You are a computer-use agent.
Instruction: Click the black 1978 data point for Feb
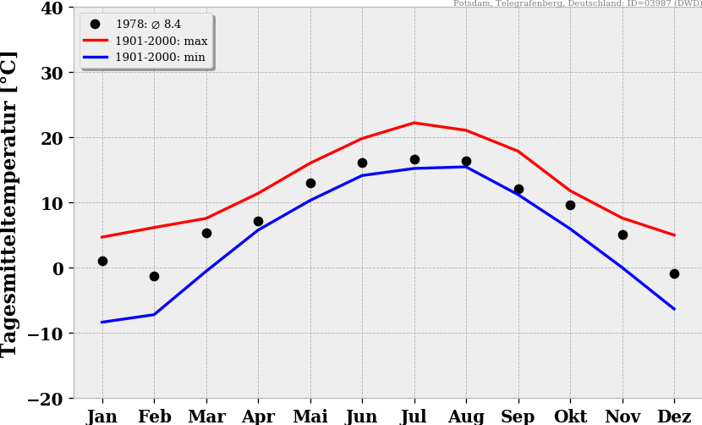(154, 276)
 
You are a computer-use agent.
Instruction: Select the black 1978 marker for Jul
(414, 159)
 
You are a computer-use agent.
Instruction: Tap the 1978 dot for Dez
(674, 273)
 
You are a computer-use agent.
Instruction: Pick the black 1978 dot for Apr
(258, 221)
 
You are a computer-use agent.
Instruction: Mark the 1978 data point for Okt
(570, 205)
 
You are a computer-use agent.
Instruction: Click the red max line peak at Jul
(414, 123)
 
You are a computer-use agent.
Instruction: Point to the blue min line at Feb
(154, 314)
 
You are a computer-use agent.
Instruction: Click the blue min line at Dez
(674, 309)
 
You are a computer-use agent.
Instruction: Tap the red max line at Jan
(102, 237)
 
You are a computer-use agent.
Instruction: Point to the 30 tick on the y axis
(52, 73)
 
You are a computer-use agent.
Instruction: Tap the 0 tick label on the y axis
(58, 268)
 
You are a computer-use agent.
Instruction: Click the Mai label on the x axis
(310, 416)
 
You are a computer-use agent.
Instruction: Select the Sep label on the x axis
(518, 416)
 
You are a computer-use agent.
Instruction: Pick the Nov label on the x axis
(622, 416)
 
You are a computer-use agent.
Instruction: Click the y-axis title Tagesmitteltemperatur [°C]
(10, 203)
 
